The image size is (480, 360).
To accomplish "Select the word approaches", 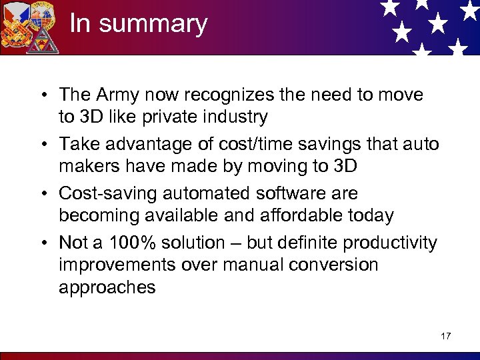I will pos(107,288).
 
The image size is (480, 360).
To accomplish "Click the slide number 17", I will pos(445,335).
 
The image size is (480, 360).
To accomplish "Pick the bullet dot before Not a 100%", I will pos(48,243).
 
